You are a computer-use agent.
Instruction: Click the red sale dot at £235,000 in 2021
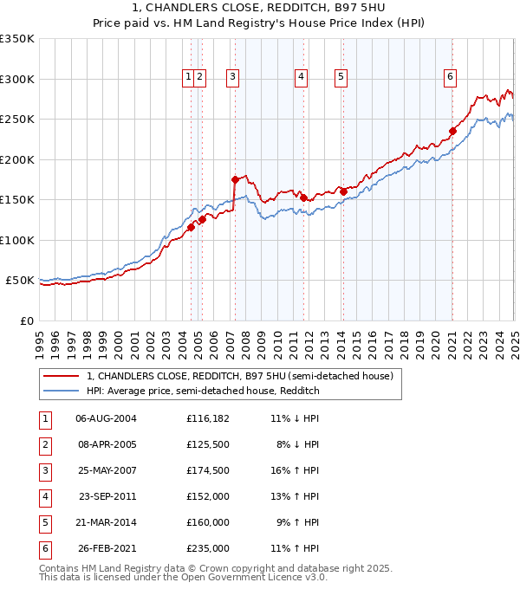[452, 132]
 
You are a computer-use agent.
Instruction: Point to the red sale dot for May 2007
[235, 180]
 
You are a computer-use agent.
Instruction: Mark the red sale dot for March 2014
[343, 191]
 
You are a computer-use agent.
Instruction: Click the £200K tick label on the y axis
[17, 159]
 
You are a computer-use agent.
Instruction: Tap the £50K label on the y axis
[20, 281]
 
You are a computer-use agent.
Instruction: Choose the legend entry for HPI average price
[203, 391]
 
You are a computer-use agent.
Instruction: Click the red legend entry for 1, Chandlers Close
[240, 376]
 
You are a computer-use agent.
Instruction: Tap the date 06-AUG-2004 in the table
[106, 418]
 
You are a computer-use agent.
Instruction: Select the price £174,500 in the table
[208, 470]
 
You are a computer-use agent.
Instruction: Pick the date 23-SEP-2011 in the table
[106, 496]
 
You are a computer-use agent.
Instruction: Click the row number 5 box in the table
[44, 522]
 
